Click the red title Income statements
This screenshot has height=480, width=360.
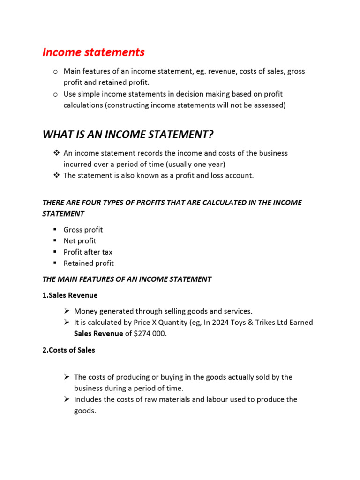[x=93, y=52]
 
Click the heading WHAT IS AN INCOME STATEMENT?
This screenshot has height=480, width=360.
[x=127, y=135]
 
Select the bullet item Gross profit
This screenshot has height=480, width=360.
[x=83, y=230]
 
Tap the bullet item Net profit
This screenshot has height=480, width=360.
[x=80, y=241]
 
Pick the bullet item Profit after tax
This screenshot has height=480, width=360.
[x=88, y=252]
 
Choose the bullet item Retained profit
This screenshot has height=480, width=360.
[x=89, y=263]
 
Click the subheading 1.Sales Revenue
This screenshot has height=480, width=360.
[x=70, y=295]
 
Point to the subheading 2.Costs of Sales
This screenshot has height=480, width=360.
[x=68, y=350]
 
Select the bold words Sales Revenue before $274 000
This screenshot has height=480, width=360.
[x=98, y=334]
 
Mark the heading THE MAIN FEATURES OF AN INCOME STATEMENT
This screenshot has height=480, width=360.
[x=127, y=279]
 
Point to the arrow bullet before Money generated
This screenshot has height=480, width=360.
[x=67, y=311]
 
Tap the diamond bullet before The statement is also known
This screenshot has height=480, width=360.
[x=56, y=175]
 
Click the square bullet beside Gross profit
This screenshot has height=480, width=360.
[x=55, y=230]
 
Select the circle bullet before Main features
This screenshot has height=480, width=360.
[x=55, y=72]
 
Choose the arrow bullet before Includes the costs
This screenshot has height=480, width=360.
[x=67, y=399]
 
